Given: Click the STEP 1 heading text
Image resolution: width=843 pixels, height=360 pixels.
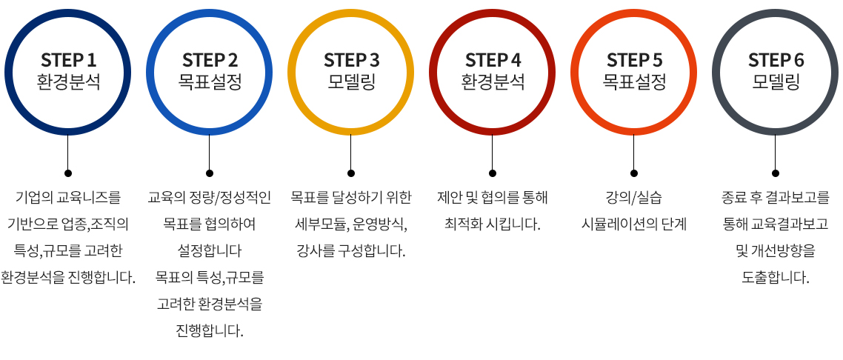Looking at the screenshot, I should (x=68, y=59).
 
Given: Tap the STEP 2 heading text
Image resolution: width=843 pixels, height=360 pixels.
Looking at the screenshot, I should (x=210, y=59).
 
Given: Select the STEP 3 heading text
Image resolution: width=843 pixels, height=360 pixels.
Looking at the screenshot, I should (x=351, y=59).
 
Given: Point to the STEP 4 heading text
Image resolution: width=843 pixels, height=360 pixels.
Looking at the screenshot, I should (x=493, y=59).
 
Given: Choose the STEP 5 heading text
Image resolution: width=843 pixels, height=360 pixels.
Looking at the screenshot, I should (x=634, y=59).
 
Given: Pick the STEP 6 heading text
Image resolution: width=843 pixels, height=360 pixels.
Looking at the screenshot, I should (x=776, y=59).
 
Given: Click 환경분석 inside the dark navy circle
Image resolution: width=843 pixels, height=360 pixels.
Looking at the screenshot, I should (x=68, y=81).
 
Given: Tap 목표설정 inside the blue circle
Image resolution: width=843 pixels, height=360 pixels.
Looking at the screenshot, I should (x=210, y=81).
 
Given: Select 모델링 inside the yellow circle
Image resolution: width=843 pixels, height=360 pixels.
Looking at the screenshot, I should (x=351, y=81).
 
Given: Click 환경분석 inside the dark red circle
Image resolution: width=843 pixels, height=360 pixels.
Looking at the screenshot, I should (x=493, y=81).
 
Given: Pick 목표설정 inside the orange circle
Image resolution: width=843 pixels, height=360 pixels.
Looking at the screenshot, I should (x=634, y=81).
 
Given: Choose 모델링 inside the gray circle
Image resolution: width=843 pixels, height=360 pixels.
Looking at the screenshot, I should (x=776, y=81).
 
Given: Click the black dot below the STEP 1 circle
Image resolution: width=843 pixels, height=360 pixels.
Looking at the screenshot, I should (x=68, y=173).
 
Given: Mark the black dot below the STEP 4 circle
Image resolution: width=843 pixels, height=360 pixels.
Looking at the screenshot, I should (x=493, y=173).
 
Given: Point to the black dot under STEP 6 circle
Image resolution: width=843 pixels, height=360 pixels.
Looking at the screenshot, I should (x=776, y=173).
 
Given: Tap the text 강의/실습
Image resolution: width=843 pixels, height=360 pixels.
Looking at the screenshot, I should (x=634, y=198).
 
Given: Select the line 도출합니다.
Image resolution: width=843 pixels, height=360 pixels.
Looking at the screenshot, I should (x=776, y=278).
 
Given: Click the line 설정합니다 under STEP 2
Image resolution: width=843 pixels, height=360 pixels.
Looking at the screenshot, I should (x=210, y=251).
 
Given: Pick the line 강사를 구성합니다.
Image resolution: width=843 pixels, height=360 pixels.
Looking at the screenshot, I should (x=351, y=251).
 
